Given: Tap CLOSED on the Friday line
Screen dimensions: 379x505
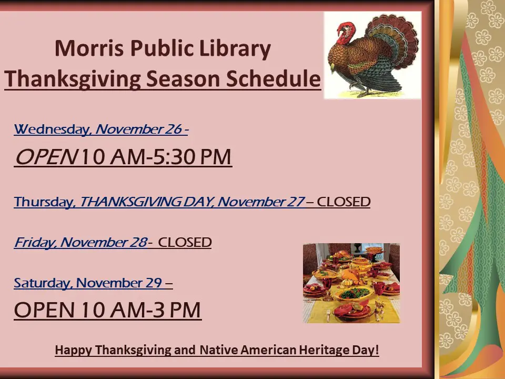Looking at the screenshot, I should coord(185,243).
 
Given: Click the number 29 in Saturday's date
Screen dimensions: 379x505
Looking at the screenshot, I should coord(153,283).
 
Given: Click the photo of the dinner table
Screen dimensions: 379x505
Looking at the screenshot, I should coord(351,283).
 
